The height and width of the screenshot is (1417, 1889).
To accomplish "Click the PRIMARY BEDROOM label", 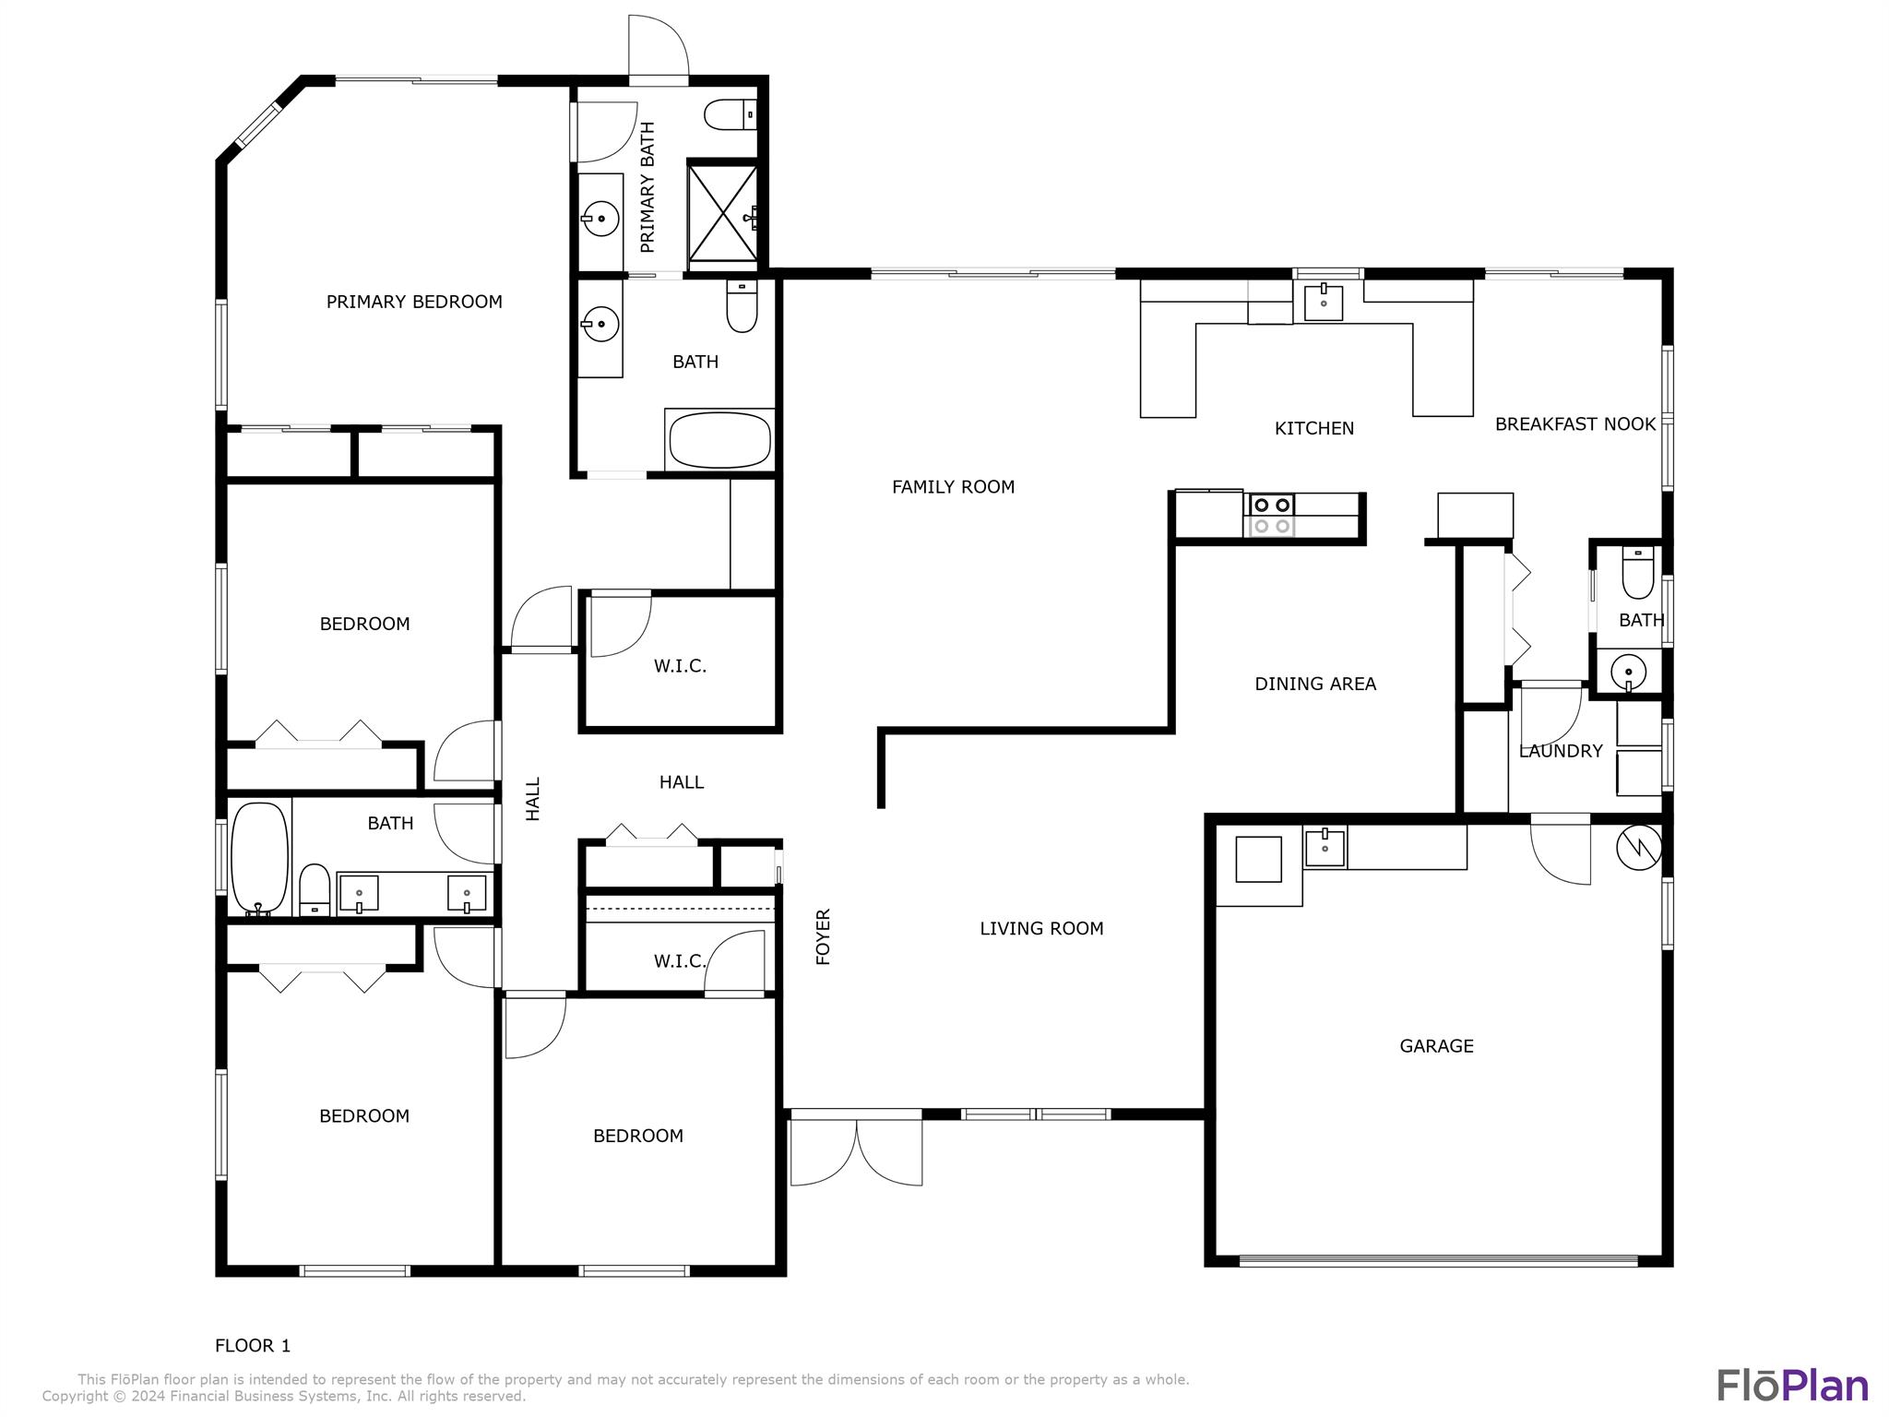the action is click(414, 302).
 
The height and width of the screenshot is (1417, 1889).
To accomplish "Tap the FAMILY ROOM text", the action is click(953, 487).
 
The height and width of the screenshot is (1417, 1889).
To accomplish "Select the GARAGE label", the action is click(1436, 1046).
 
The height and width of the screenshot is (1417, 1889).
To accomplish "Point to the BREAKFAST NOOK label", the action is click(1575, 424).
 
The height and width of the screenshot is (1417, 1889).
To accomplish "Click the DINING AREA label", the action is click(1315, 684).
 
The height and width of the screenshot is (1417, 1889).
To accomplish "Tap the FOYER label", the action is click(824, 937).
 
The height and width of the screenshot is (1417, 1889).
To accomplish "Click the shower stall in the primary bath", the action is click(723, 212).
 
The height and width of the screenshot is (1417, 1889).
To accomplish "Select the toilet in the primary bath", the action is click(731, 114).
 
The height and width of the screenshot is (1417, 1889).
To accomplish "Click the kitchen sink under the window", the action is click(1324, 301).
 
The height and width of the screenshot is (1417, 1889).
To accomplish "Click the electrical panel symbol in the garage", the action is click(1639, 846).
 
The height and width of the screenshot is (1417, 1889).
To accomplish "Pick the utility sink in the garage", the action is click(1325, 847).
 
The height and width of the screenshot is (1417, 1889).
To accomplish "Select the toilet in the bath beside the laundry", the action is click(1637, 573).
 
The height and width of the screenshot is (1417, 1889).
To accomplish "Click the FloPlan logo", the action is click(1792, 1386).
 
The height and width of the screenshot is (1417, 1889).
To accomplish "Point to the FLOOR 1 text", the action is click(253, 1346).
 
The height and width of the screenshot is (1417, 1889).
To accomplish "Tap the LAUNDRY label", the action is click(1561, 751).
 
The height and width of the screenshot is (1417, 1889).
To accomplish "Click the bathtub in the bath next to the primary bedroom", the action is click(719, 440).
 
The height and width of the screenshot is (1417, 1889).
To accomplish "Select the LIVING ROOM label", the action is click(1041, 929).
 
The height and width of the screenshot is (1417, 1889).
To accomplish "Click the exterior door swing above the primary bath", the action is click(659, 46).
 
